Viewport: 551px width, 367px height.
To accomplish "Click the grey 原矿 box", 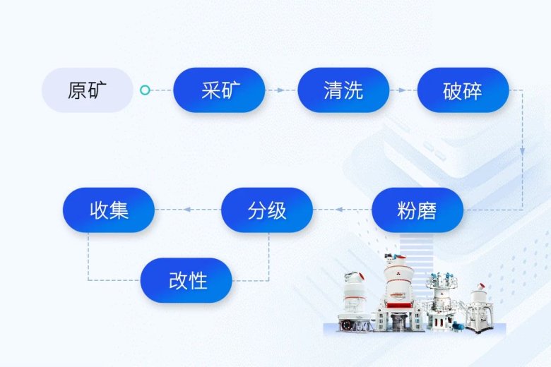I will pyautogui.click(x=87, y=90).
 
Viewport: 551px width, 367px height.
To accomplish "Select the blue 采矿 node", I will pyautogui.click(x=219, y=90).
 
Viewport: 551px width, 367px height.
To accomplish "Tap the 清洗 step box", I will pyautogui.click(x=343, y=90).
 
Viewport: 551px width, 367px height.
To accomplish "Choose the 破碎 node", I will pyautogui.click(x=463, y=90).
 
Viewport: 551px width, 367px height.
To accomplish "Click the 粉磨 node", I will pyautogui.click(x=417, y=210).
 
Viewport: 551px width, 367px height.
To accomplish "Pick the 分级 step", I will pyautogui.click(x=267, y=210).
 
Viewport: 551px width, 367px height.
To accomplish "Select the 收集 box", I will pyautogui.click(x=109, y=210).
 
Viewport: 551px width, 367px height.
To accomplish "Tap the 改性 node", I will pyautogui.click(x=187, y=280).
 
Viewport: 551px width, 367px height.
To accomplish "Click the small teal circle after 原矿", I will pyautogui.click(x=145, y=90).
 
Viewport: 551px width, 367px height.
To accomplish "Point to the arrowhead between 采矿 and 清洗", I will pyautogui.click(x=281, y=90).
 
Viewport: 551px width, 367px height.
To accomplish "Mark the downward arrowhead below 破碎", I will pyautogui.click(x=522, y=152).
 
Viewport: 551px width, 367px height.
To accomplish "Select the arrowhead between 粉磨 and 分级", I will pyautogui.click(x=339, y=210).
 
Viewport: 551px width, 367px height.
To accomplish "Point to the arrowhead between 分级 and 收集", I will pyautogui.click(x=187, y=210).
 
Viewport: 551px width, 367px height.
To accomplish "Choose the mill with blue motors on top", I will pyautogui.click(x=442, y=300).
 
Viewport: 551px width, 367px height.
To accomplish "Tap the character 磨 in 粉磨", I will pyautogui.click(x=427, y=210).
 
